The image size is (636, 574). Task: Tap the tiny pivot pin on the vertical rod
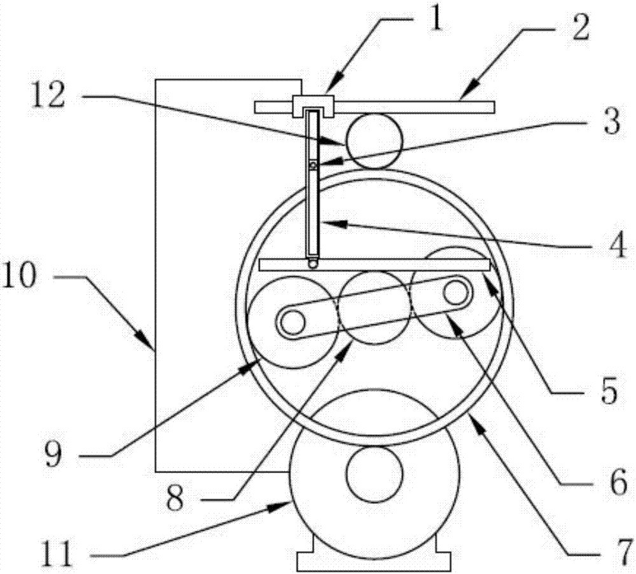tap(313, 165)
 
